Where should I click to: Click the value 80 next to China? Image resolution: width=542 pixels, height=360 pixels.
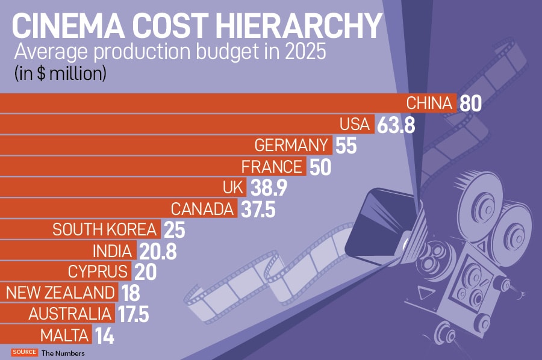[471, 104]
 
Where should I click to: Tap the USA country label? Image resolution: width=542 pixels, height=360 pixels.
[354, 125]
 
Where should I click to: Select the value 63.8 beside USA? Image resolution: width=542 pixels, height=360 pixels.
[396, 125]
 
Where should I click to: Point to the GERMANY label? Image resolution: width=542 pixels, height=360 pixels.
[292, 146]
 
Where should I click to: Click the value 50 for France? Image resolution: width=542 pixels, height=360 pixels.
[320, 167]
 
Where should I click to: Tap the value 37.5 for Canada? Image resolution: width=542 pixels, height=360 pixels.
[257, 209]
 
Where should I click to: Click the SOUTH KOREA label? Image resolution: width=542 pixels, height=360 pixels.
[105, 229]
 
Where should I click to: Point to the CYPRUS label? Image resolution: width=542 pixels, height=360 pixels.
[98, 271]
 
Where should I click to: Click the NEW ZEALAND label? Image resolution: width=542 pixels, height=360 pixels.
[60, 293]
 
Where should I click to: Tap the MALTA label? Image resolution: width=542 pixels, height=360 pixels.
[65, 335]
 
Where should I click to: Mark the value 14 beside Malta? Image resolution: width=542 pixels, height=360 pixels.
[104, 335]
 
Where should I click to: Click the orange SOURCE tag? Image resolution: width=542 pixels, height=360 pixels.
[24, 353]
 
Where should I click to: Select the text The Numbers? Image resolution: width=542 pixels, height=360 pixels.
[63, 353]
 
